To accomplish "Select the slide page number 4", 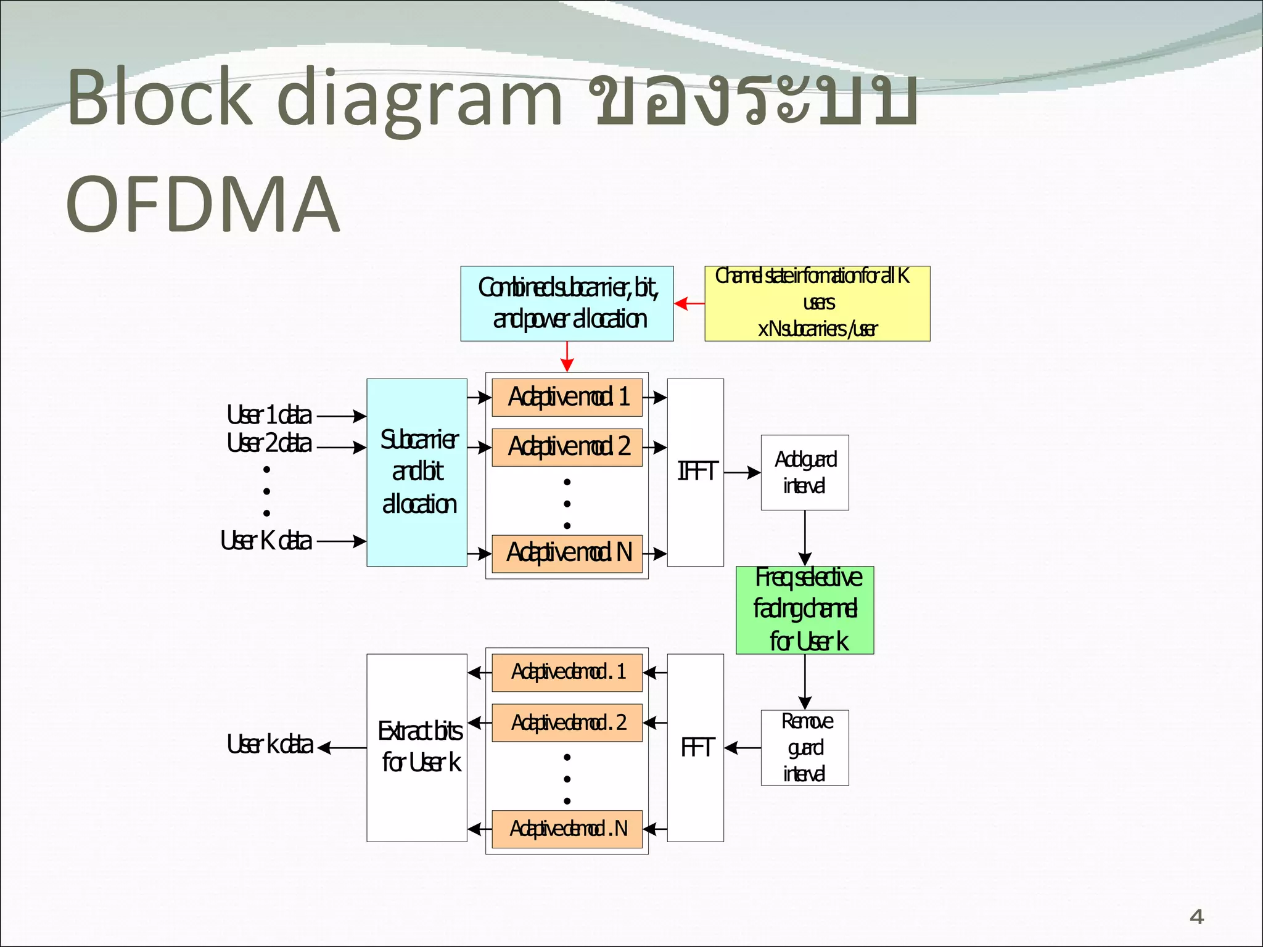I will coord(1196,917).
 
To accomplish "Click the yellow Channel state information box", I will coord(817,303).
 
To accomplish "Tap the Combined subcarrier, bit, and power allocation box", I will coord(567,303).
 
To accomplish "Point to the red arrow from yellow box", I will coord(689,303).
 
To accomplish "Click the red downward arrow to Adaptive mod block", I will coord(567,357).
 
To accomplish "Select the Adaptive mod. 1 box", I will coord(567,397).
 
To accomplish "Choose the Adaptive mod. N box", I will coord(567,553).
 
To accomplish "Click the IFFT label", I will coord(697,472).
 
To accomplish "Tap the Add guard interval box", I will coord(804,472).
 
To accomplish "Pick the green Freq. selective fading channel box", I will coord(804,610).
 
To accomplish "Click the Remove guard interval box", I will coord(804,747).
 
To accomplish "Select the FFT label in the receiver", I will coord(697,748).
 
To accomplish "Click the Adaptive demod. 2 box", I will coord(567,722).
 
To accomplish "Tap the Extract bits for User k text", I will coord(419,747).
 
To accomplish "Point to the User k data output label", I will coord(269,745).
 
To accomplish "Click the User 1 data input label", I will coord(269,416).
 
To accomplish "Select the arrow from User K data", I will coord(341,541).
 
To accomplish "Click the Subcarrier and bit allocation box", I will coord(417,472).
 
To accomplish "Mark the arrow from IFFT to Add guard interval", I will coord(742,472).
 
